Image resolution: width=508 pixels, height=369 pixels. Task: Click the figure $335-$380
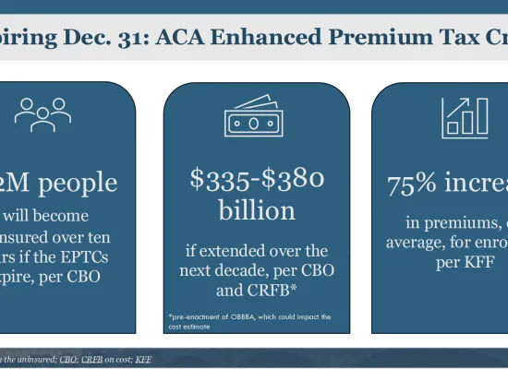258,179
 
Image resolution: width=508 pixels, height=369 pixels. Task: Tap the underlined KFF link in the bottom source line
144,358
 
